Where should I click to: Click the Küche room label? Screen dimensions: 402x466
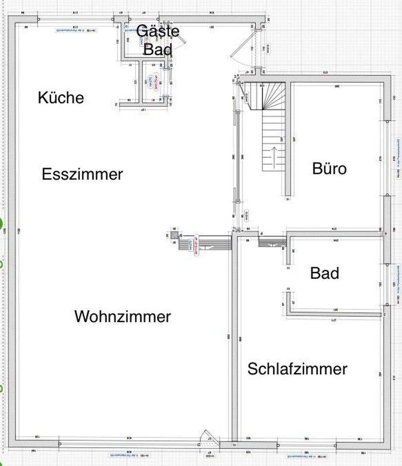[61, 98]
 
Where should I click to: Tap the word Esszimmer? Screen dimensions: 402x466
[83, 175]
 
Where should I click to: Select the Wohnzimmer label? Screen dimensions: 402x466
[123, 317]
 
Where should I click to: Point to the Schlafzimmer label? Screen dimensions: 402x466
[297, 369]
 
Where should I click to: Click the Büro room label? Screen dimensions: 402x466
[329, 168]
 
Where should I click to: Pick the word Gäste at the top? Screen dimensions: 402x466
[157, 31]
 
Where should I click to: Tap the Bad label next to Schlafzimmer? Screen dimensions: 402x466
[325, 273]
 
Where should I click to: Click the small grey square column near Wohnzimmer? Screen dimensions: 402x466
[174, 235]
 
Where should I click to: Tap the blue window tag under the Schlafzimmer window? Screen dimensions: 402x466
[308, 455]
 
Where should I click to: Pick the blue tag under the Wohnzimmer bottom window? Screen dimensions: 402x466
[124, 455]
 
